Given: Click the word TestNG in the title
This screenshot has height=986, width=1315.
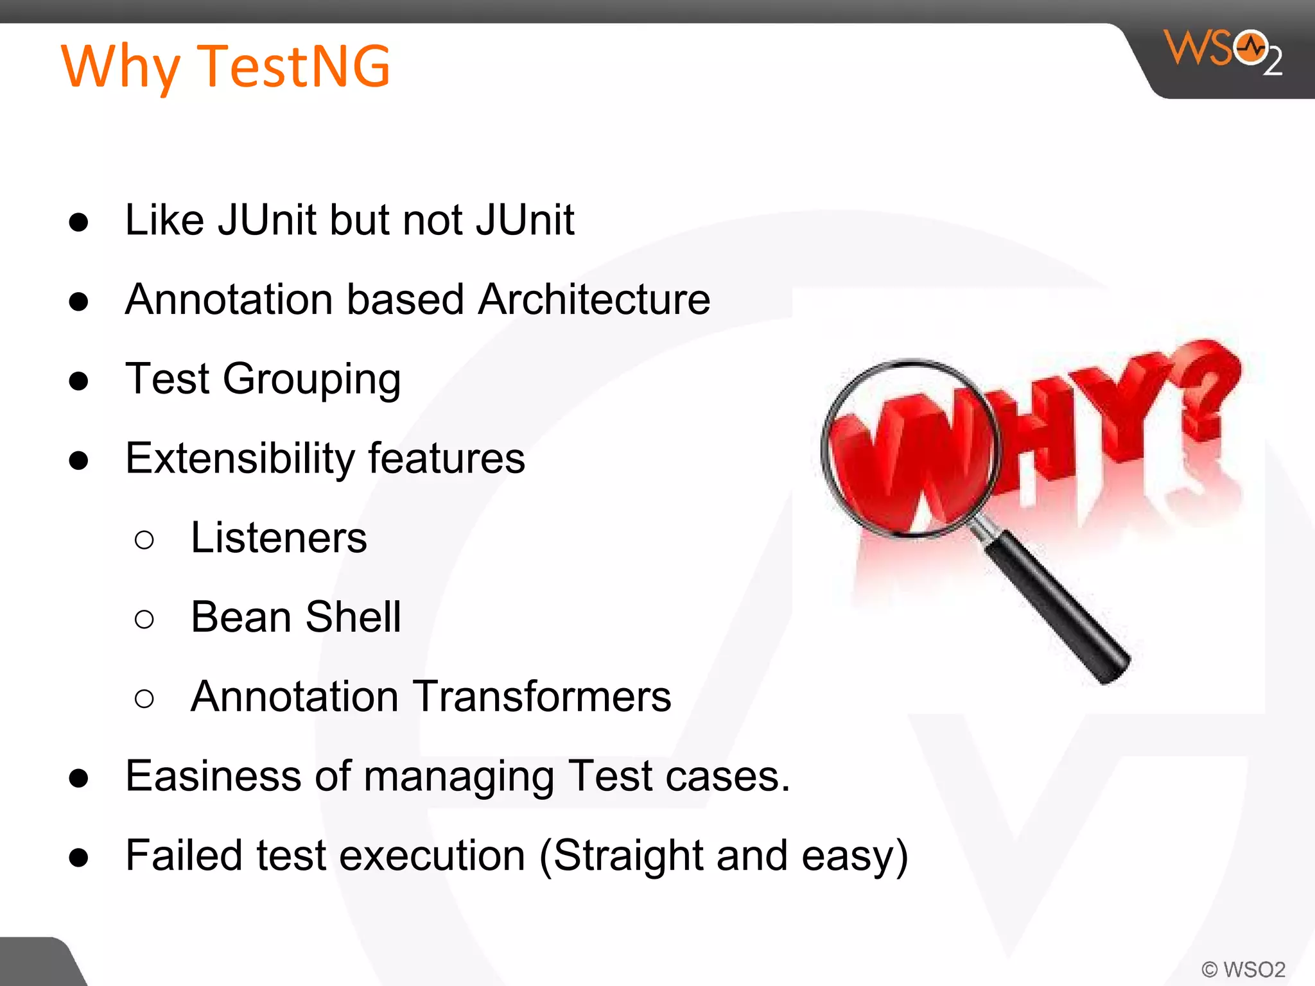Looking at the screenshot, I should pos(294,65).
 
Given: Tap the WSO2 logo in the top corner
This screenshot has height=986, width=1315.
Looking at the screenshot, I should pos(1223,51).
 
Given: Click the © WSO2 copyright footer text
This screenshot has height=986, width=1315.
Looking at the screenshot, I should pos(1243,969).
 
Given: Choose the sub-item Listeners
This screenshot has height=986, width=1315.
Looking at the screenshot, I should pos(279,538).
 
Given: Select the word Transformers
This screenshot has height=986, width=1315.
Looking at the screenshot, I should pos(541,696).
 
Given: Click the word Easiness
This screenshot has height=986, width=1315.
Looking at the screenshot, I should pos(213,776).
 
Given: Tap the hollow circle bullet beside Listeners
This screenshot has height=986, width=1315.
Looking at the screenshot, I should pos(144,540).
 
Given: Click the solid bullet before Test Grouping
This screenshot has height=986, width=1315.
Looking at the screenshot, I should pos(78,381).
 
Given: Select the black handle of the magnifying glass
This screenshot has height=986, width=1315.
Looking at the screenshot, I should pos(1059,610).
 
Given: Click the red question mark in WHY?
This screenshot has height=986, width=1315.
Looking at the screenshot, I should pos(1210,392).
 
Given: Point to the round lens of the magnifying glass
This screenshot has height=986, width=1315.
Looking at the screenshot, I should pos(910,447).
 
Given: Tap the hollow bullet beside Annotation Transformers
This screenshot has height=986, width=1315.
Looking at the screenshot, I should pos(144,698).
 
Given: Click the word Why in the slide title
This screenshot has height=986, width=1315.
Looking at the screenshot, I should pos(121,67).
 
